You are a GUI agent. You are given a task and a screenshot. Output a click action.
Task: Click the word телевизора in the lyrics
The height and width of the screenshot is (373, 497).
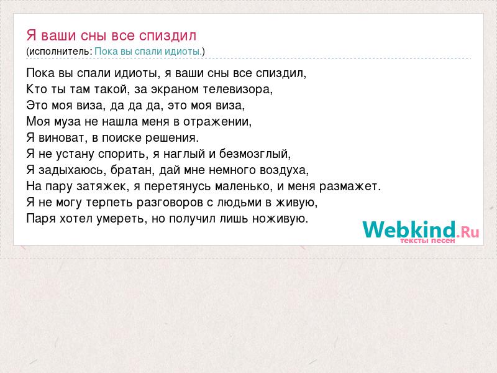tap(237, 90)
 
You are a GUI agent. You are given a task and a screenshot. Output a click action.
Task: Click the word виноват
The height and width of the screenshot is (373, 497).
tap(62, 138)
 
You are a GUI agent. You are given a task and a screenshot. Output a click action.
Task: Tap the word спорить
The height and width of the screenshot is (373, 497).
tap(121, 154)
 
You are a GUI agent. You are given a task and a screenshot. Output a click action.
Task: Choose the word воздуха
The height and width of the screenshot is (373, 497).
tap(283, 170)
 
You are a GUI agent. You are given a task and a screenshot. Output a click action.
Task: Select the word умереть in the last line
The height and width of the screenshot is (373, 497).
tap(124, 219)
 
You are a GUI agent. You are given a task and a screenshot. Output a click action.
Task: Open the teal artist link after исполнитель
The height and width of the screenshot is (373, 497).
tap(148, 52)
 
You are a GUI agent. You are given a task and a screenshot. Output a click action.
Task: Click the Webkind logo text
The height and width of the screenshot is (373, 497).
tap(421, 229)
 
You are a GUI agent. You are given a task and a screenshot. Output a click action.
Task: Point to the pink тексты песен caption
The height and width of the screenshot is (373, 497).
tap(427, 241)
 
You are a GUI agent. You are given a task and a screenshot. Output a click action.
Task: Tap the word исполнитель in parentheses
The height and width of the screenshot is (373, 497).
tap(60, 52)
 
